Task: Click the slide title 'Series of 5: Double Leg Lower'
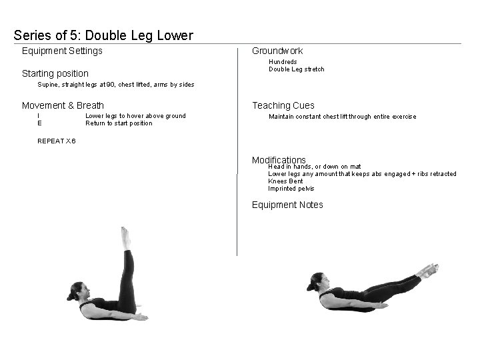click(x=103, y=35)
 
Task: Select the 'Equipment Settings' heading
click(x=62, y=51)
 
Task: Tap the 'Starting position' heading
click(x=55, y=73)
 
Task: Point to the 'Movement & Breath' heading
click(x=63, y=105)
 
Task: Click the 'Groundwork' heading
click(x=277, y=51)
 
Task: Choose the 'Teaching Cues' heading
click(x=283, y=105)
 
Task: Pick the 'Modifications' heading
click(x=279, y=160)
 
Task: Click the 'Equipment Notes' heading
click(x=287, y=205)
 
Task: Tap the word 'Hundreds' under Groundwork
click(x=283, y=62)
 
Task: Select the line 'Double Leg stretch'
click(x=296, y=69)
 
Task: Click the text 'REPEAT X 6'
click(x=57, y=141)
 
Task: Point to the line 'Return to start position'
click(x=119, y=123)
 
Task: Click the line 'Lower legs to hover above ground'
click(x=135, y=116)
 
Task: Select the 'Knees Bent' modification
click(x=285, y=181)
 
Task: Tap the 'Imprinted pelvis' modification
click(x=291, y=189)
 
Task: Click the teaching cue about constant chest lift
click(x=342, y=117)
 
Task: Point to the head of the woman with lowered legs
click(x=318, y=282)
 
